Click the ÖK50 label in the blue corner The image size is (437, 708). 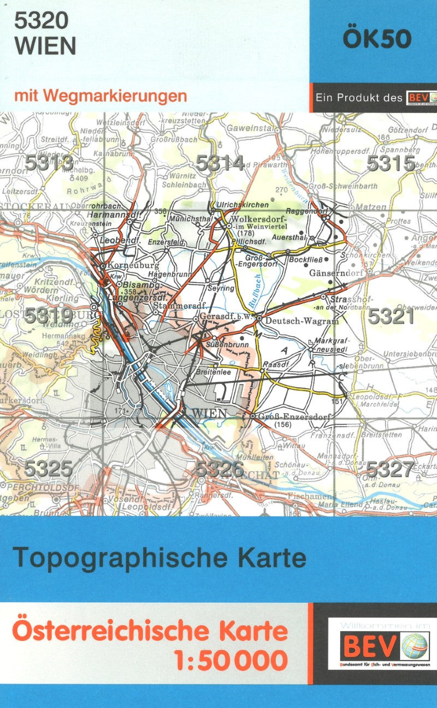(x=376, y=39)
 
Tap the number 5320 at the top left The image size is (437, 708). (x=42, y=21)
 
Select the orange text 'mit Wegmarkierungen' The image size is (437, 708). (x=101, y=96)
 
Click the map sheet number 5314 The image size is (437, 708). (x=220, y=163)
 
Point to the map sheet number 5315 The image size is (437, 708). (x=391, y=163)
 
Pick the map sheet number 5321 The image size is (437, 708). (x=391, y=317)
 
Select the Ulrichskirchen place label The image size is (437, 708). (x=243, y=205)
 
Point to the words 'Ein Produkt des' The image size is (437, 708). (x=358, y=98)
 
